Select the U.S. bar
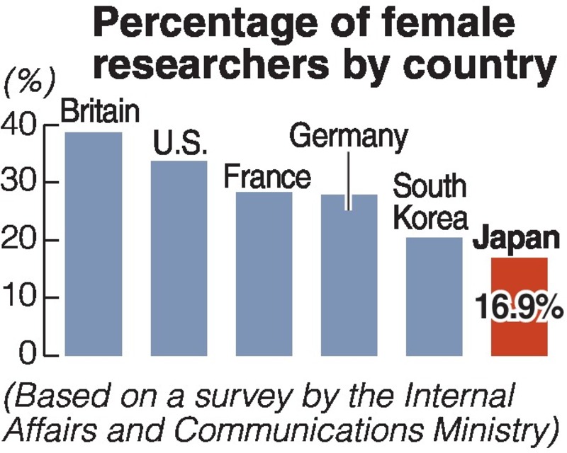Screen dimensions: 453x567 179,258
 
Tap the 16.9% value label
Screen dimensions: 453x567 519,309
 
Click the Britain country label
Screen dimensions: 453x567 100,112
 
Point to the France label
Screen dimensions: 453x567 266,177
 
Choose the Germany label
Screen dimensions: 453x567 349,136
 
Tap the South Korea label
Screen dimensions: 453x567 430,202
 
